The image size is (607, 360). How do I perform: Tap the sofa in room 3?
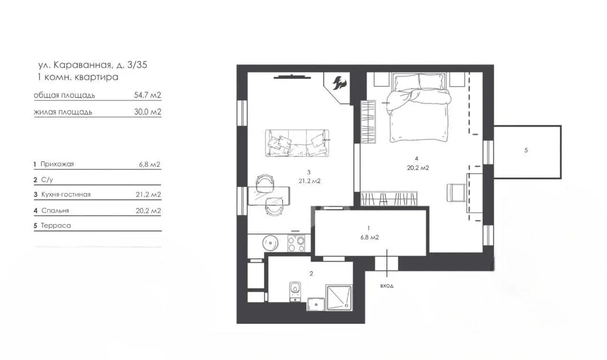pyautogui.click(x=297, y=143)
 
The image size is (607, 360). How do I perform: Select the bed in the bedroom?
pyautogui.click(x=419, y=108)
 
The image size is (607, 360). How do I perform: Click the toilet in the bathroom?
pyautogui.click(x=295, y=291)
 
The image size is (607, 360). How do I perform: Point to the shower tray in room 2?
pyautogui.click(x=339, y=298)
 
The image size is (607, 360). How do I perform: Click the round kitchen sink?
pyautogui.click(x=270, y=243)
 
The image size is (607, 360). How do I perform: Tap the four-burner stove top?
pyautogui.click(x=296, y=243)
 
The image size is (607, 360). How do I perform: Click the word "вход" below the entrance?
pyautogui.click(x=386, y=286)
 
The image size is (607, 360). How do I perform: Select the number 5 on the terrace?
pyautogui.click(x=526, y=150)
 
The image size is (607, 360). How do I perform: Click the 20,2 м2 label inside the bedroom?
pyautogui.click(x=418, y=168)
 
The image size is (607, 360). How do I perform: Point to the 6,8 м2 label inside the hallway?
pyautogui.click(x=369, y=237)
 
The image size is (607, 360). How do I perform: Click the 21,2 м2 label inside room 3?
pyautogui.click(x=310, y=181)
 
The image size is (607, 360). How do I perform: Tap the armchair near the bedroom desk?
pyautogui.click(x=456, y=193)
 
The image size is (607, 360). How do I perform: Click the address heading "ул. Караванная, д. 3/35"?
pyautogui.click(x=92, y=65)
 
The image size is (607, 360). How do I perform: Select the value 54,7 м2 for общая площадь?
pyautogui.click(x=147, y=95)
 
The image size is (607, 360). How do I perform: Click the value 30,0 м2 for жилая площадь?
pyautogui.click(x=147, y=111)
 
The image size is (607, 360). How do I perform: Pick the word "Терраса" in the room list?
pyautogui.click(x=56, y=226)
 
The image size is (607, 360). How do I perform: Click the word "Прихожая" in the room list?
pyautogui.click(x=57, y=164)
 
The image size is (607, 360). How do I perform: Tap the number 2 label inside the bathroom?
pyautogui.click(x=312, y=274)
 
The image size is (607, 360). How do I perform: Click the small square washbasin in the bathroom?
pyautogui.click(x=316, y=305)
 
